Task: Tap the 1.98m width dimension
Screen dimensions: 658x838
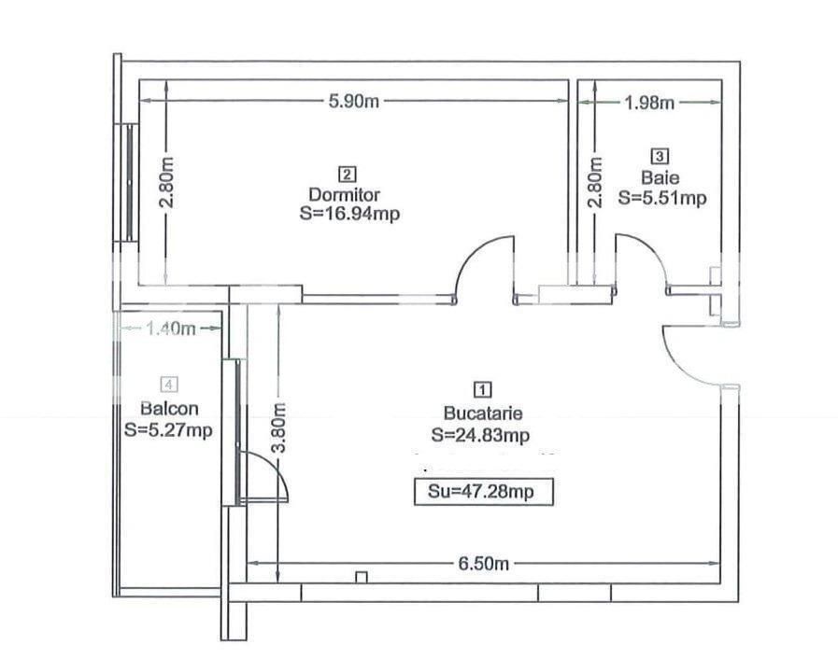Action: (649, 103)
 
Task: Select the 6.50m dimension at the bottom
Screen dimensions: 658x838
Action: (483, 564)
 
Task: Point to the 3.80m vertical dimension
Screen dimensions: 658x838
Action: (278, 428)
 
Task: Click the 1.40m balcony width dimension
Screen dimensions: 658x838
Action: (170, 328)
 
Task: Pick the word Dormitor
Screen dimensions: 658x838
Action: (345, 195)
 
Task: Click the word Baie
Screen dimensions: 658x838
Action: (654, 176)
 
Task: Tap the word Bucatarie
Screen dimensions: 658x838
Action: (482, 412)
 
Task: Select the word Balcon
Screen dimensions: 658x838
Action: (169, 408)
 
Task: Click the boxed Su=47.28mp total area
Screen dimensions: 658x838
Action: (484, 492)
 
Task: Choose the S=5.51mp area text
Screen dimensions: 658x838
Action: (662, 197)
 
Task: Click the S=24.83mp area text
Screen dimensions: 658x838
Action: (482, 434)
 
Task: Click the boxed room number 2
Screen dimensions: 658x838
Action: (347, 174)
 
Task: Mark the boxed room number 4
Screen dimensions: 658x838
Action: (169, 384)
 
